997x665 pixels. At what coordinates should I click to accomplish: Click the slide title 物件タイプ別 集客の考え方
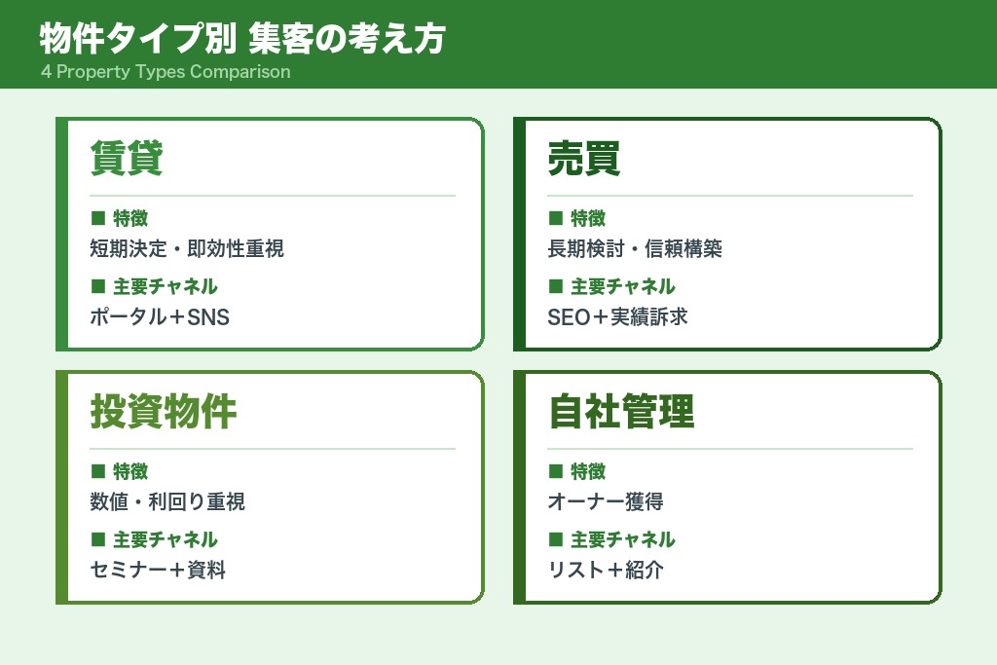coord(242,39)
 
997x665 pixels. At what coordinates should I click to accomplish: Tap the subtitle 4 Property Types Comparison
coord(166,72)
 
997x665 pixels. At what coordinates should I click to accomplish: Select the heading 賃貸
coord(127,159)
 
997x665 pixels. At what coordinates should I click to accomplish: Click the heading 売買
coord(584,159)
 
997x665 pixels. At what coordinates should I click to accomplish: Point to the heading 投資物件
coord(164,412)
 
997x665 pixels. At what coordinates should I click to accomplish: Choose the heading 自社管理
coord(621,412)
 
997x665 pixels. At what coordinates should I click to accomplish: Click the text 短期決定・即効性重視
coord(187,249)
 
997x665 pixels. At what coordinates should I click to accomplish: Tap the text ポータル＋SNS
coord(160,317)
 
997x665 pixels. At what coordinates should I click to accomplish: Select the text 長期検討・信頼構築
coord(635,249)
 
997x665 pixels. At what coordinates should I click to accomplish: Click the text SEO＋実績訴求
coord(618,317)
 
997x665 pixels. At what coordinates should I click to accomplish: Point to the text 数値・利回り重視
coord(167,502)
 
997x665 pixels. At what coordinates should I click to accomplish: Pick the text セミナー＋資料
coord(158,571)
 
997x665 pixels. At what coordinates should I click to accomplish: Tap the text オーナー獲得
coord(607,502)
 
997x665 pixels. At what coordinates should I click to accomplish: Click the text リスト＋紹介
coord(606,571)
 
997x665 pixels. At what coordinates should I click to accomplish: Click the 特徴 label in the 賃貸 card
coord(130,218)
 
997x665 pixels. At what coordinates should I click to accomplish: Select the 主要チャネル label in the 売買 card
coord(623,286)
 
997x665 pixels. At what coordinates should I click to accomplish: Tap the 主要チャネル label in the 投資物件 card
coord(166,539)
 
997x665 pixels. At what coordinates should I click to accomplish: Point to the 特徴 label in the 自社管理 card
coord(588,471)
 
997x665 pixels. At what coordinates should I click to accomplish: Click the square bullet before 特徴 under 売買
coord(556,217)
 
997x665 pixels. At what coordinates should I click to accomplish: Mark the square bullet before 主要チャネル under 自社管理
coord(556,538)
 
